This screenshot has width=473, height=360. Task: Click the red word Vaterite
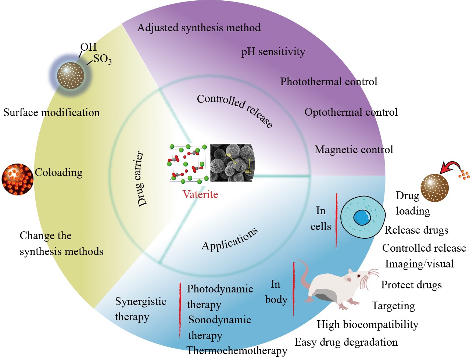point(200,194)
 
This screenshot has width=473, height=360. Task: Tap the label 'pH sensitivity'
point(273,52)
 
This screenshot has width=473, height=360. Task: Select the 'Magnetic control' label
point(354,150)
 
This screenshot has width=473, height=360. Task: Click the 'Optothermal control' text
point(351,112)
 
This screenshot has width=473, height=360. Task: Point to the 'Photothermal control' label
point(329,82)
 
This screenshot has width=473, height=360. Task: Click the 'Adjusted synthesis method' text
point(198,28)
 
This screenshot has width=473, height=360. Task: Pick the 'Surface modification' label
point(51,112)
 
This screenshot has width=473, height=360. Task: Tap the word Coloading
point(58,172)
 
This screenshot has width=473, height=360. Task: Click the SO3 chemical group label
point(103,59)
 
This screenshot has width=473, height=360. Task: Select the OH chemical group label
point(89,47)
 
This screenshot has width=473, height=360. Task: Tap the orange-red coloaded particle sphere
point(17,179)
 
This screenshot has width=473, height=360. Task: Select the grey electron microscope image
point(232,163)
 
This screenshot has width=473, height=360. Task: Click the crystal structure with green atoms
point(189,163)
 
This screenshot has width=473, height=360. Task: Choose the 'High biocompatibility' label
point(368,324)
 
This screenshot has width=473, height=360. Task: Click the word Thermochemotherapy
point(237,350)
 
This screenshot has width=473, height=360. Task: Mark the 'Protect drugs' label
point(411,285)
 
